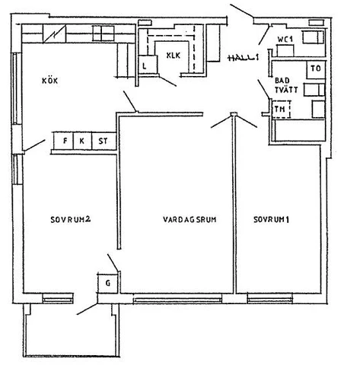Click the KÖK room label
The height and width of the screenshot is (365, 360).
[50, 81]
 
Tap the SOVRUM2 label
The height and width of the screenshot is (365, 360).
[71, 220]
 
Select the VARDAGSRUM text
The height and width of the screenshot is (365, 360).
[190, 219]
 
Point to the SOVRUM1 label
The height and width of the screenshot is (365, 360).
[272, 219]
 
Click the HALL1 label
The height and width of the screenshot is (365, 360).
[244, 58]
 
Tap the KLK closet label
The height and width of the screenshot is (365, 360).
[174, 56]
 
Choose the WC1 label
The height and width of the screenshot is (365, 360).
[285, 40]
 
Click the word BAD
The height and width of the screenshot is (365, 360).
[282, 81]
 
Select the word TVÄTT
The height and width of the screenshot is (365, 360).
[286, 90]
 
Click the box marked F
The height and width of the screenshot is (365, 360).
[64, 141]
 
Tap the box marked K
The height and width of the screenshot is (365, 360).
[82, 141]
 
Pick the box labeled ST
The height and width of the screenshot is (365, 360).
[104, 141]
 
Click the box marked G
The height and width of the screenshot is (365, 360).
[108, 283]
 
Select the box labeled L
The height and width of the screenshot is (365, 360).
[148, 65]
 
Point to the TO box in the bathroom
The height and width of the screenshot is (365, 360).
[316, 70]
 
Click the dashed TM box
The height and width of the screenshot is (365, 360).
[282, 109]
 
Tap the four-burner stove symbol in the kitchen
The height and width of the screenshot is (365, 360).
[104, 33]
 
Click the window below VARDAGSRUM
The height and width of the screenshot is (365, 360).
[177, 300]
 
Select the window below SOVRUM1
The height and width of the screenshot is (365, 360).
[270, 300]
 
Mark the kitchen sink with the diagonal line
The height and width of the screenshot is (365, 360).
[55, 33]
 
